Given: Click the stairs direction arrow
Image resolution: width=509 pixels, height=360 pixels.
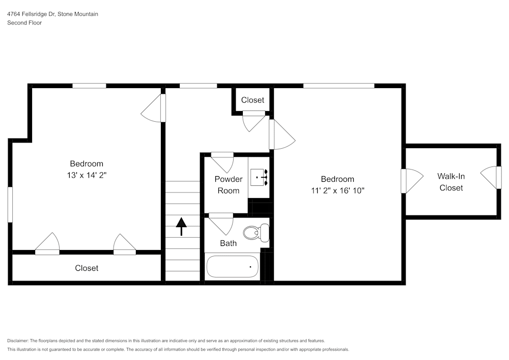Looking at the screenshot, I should click(x=181, y=226).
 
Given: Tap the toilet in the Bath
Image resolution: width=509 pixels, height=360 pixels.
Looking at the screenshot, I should click(x=256, y=233).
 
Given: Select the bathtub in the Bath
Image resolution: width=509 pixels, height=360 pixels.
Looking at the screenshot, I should click(x=232, y=266).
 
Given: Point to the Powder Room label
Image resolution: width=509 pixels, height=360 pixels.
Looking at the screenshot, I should click(x=229, y=185).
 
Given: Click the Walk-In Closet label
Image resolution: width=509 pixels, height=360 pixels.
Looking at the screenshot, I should click(x=451, y=182).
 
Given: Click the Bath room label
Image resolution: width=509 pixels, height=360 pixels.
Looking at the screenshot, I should click(x=228, y=243).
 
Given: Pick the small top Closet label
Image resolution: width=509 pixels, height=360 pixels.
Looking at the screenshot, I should click(x=252, y=100).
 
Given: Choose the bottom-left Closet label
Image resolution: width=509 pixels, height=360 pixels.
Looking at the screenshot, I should click(x=87, y=268).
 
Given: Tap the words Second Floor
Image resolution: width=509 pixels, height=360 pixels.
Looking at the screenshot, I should click(x=24, y=23).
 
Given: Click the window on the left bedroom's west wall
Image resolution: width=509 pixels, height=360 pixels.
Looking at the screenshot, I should click(x=10, y=205).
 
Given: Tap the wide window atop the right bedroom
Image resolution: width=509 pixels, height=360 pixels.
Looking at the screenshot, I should click(x=338, y=86).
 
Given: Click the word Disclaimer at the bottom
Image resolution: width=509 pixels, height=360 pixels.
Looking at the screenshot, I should click(x=18, y=341).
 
